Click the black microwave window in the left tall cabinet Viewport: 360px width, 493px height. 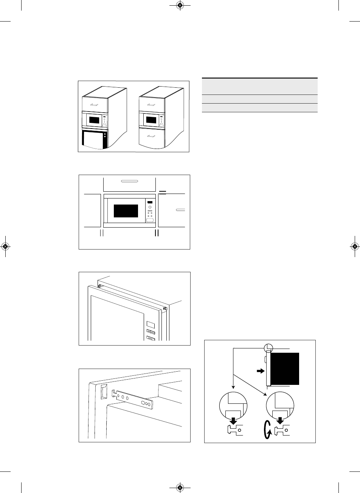[94, 121]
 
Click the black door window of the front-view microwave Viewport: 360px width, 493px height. [126, 211]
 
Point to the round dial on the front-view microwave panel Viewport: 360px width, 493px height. [150, 207]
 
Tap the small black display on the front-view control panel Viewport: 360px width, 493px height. [150, 201]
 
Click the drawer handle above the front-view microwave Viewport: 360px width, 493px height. [129, 181]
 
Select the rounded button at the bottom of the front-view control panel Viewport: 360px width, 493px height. [150, 220]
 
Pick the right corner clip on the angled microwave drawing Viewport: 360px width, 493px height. [166, 309]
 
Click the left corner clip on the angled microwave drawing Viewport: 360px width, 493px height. [100, 286]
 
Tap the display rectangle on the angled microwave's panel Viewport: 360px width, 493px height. [150, 324]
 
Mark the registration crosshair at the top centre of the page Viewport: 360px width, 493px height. [180, 5]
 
